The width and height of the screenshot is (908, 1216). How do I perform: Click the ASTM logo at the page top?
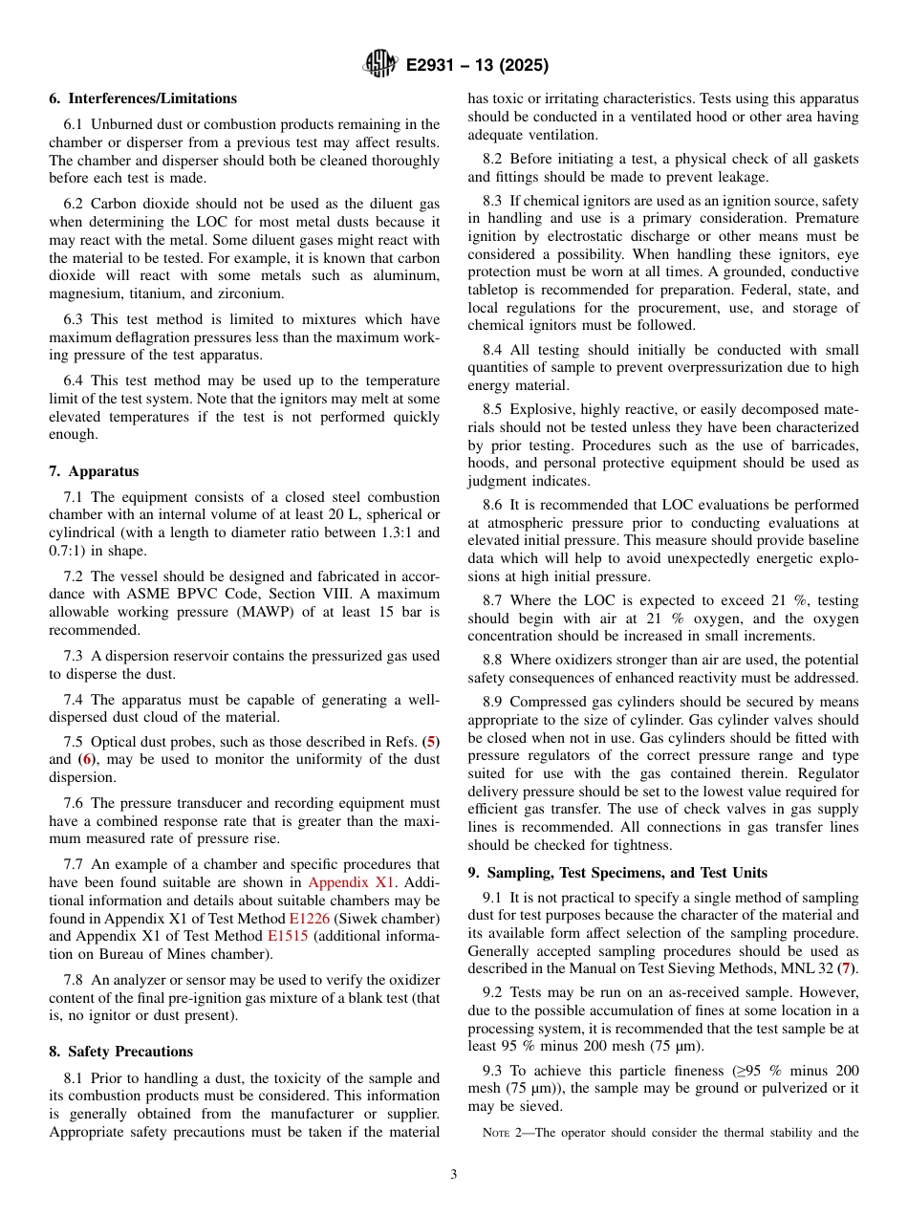[x=380, y=65]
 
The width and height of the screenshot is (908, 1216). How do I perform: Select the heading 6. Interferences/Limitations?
[x=142, y=98]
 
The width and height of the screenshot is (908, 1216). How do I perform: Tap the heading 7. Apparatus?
[x=94, y=471]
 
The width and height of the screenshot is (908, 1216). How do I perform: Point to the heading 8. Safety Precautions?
[x=120, y=1052]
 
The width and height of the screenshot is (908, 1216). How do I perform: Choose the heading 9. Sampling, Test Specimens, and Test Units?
[x=617, y=873]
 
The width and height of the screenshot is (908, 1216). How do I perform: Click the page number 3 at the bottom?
[x=453, y=1175]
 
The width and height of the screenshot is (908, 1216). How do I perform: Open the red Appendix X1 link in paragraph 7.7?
[x=351, y=882]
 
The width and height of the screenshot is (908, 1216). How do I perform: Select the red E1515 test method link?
[x=287, y=937]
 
